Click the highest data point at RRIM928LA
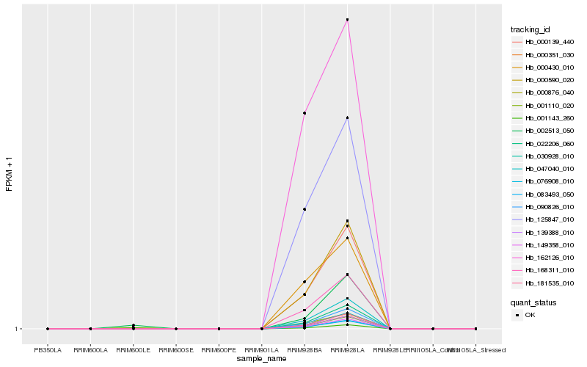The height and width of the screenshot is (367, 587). click(347, 20)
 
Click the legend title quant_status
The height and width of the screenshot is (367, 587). click(533, 302)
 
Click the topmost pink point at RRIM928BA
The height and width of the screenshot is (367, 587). click(305, 113)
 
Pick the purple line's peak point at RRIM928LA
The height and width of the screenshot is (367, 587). click(347, 117)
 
